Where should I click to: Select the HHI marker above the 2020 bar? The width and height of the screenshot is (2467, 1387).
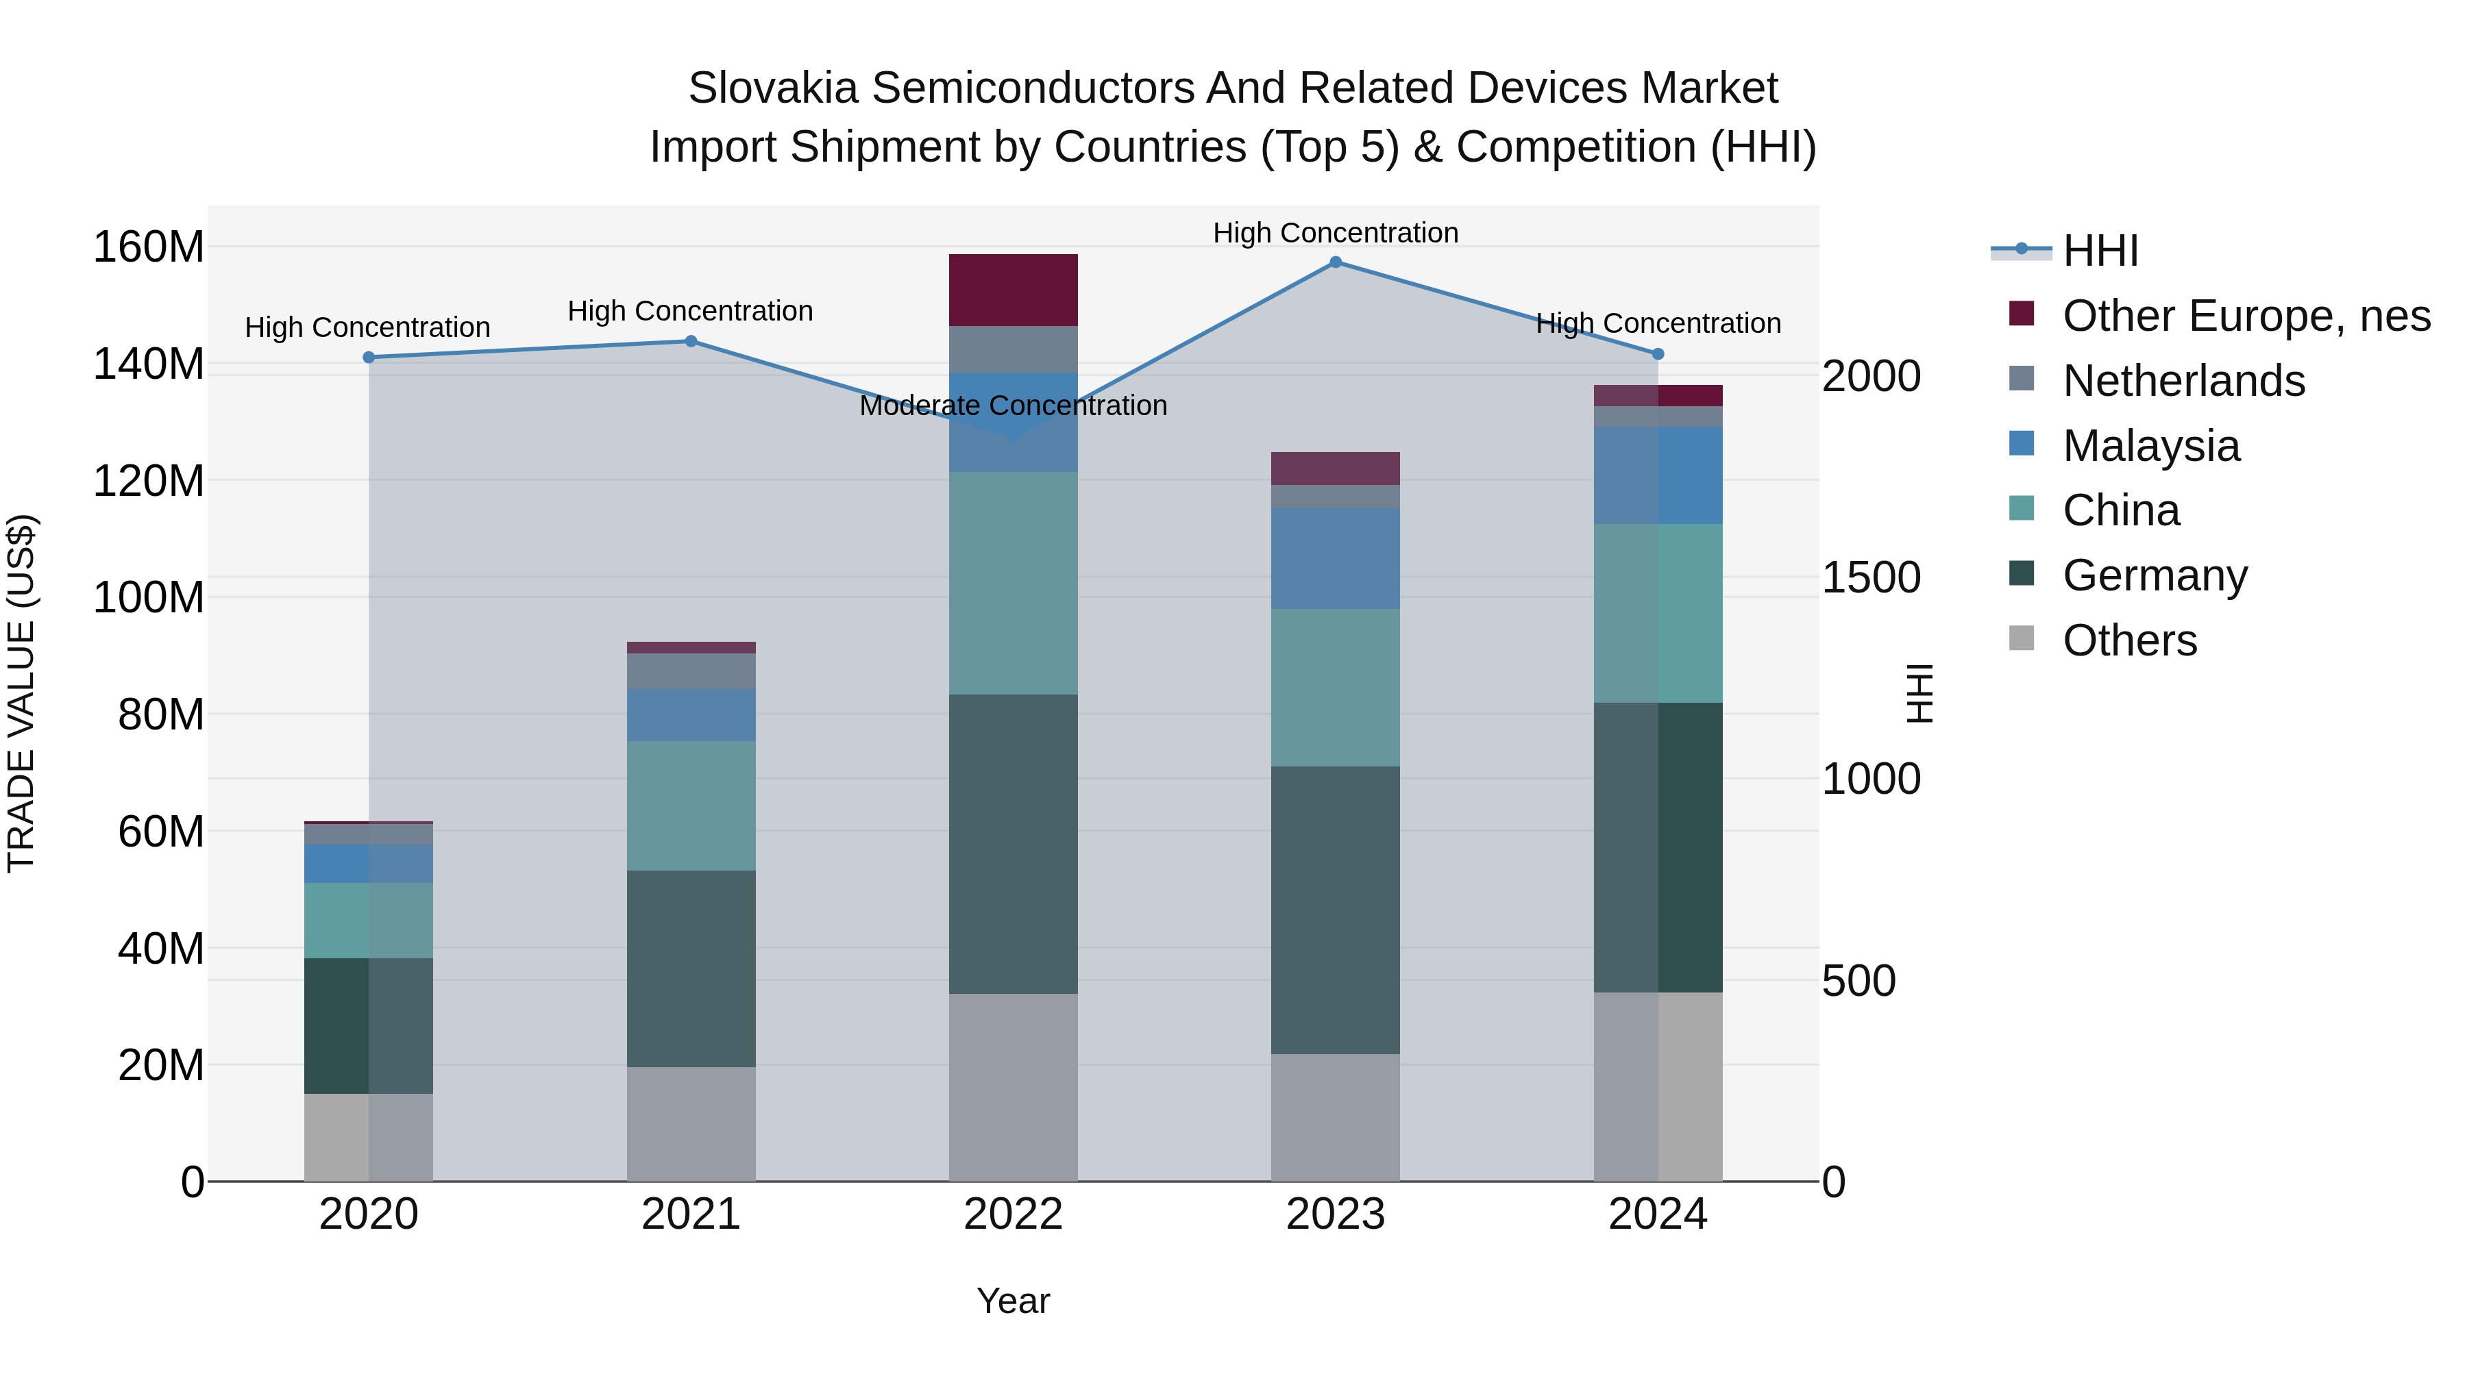click(369, 357)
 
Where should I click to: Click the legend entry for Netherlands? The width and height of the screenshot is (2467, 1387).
click(2183, 381)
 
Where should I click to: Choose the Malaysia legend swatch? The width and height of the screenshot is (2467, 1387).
click(2021, 444)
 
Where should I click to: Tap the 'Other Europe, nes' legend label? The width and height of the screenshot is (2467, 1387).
click(2246, 316)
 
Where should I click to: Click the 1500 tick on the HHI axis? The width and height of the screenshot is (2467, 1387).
click(1869, 578)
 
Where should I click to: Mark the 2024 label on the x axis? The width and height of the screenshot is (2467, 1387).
click(1657, 1214)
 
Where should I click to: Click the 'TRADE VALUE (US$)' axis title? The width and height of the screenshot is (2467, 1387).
click(21, 693)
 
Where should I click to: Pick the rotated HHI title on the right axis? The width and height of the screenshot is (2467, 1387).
click(1919, 693)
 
